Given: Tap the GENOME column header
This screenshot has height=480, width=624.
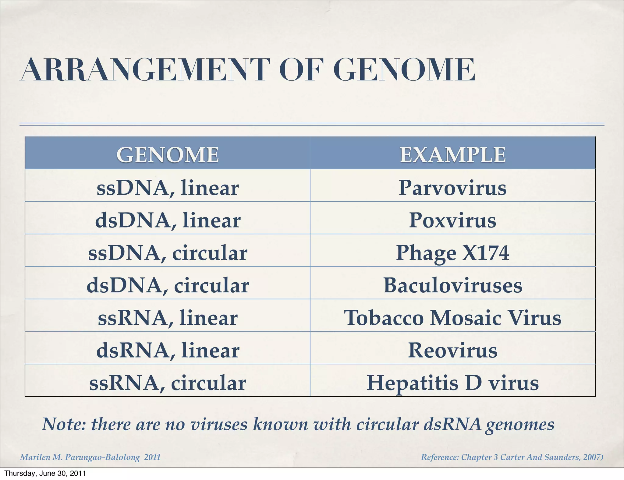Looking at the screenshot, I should (167, 154).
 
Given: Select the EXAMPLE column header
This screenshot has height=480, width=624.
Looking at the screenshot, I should (452, 154).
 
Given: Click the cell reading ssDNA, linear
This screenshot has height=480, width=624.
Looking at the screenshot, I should (167, 188).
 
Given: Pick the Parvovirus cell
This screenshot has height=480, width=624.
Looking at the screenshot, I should (452, 188).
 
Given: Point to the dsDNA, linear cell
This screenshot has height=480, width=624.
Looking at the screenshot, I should (167, 220).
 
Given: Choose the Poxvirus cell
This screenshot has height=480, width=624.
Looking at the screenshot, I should (452, 220).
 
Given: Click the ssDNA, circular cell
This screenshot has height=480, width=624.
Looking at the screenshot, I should (167, 253).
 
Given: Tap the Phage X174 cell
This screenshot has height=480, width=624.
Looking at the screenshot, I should (452, 253).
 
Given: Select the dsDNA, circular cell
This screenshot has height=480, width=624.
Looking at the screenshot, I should (167, 285).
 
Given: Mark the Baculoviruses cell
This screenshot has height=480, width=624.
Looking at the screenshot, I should (452, 285).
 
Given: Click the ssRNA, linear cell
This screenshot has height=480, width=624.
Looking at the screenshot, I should (167, 318).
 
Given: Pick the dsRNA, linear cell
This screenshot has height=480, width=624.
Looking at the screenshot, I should (167, 350).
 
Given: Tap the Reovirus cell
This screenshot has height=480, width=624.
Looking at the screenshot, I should (452, 350).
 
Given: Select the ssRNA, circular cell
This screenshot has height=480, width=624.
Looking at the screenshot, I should (167, 383).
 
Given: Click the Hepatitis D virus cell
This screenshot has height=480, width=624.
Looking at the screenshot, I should (452, 383).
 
